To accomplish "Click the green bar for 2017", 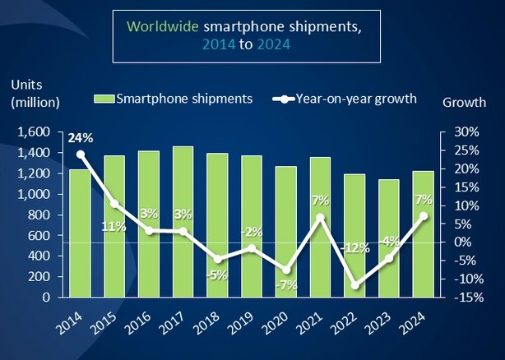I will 183,222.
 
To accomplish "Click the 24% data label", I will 80,138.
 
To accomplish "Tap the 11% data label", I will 114,226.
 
